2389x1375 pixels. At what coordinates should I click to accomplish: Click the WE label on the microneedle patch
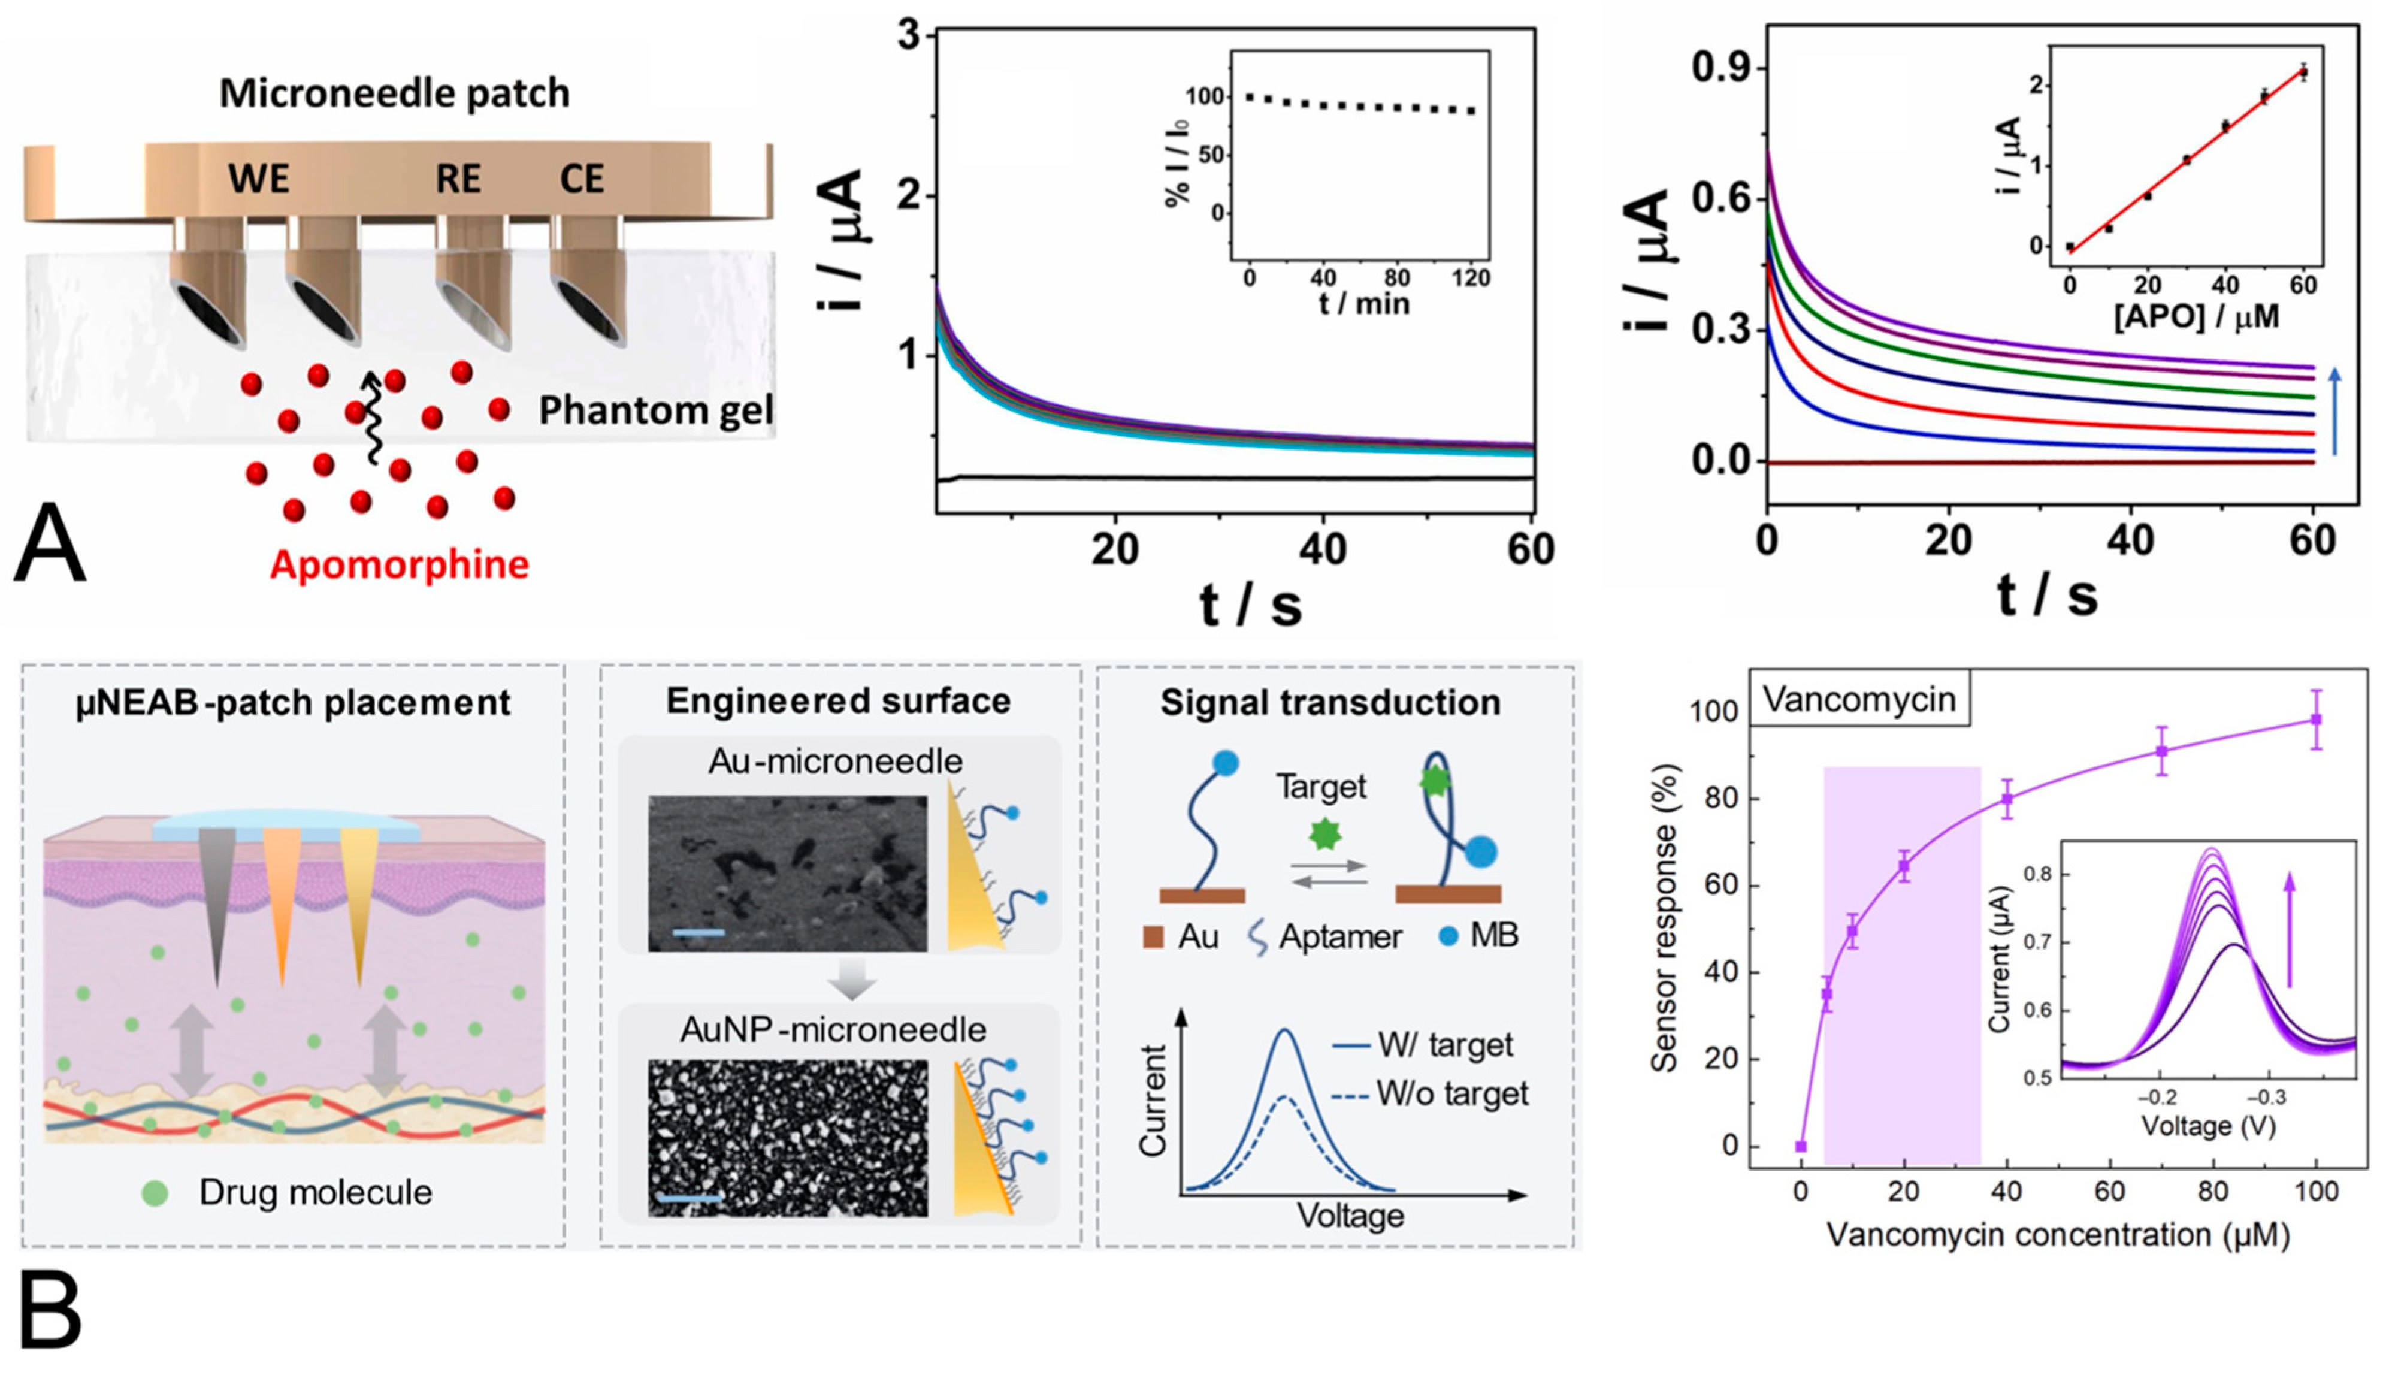[x=259, y=179]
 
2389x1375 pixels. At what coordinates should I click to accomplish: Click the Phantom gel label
[x=655, y=410]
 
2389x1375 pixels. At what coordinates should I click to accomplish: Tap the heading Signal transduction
[x=1330, y=703]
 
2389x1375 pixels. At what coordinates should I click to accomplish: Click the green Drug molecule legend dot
[x=155, y=1193]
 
